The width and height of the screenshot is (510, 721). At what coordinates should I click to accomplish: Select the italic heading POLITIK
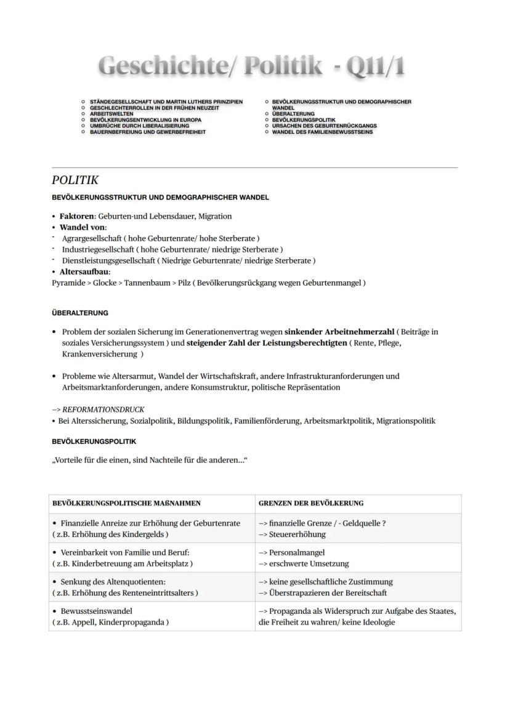point(75,180)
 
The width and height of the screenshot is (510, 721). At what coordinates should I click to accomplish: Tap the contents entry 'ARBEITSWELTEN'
point(111,114)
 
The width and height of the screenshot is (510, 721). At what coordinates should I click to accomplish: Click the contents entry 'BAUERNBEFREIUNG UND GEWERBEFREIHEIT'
point(148,132)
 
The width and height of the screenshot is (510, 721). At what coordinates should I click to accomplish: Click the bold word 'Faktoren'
point(77,216)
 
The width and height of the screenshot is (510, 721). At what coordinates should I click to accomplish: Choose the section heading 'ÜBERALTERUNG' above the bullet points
point(79,313)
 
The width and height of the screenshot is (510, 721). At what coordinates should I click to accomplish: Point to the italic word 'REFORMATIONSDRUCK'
point(103,409)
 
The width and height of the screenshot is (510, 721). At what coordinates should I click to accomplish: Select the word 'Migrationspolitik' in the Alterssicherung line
point(405,421)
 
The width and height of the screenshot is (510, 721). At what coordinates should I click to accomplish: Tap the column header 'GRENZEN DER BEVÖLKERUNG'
point(311,503)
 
